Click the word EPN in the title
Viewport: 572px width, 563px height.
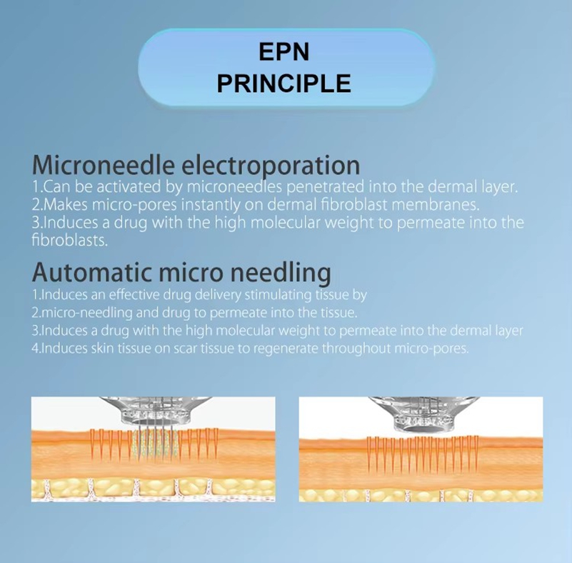tap(284, 52)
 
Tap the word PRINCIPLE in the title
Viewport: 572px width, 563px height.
tap(284, 84)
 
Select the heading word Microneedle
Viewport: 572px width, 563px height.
tap(104, 165)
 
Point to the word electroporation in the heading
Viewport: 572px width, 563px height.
tap(271, 166)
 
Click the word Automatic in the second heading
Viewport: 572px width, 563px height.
tap(92, 272)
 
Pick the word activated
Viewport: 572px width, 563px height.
tap(129, 186)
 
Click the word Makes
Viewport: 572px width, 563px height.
tap(65, 204)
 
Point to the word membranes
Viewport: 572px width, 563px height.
tap(435, 204)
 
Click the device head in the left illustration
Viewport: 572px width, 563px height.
tap(156, 411)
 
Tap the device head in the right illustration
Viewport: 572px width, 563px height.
tap(423, 413)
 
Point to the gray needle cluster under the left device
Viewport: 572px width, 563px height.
tap(156, 442)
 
